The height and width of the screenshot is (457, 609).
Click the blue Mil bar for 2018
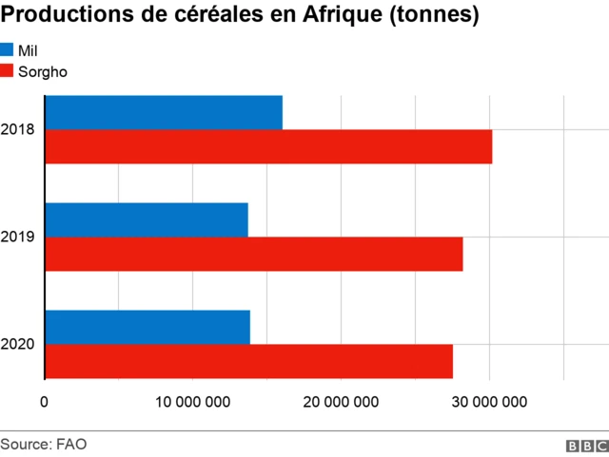[x=164, y=113]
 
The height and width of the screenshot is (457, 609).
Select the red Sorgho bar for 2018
[x=268, y=147]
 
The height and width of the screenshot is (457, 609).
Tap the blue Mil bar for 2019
[x=147, y=219]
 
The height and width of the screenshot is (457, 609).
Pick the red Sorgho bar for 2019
[x=254, y=254]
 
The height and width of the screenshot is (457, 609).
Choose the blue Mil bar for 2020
[x=147, y=327]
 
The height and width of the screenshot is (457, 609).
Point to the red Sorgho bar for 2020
[x=249, y=361]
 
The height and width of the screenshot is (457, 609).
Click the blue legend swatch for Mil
[x=8, y=49]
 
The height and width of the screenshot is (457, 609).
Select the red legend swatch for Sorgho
[x=8, y=70]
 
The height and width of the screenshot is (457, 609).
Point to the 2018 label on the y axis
[x=19, y=129]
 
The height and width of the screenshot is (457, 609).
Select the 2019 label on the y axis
[x=19, y=237]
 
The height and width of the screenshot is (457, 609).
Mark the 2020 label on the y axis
[x=19, y=344]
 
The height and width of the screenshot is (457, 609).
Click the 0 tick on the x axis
[x=44, y=402]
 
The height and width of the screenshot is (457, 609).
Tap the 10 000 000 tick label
[x=192, y=402]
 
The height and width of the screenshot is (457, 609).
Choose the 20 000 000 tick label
[x=341, y=402]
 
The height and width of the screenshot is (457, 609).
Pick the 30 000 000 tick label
[x=489, y=402]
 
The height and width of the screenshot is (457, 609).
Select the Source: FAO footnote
[x=37, y=443]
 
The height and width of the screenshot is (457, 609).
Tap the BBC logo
[x=587, y=445]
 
